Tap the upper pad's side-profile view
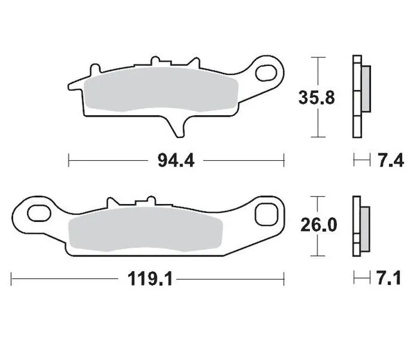[360, 96]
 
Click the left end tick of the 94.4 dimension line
[69, 162]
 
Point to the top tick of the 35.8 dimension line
[318, 57]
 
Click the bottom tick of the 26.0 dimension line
[318, 255]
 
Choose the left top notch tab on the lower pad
[110, 203]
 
